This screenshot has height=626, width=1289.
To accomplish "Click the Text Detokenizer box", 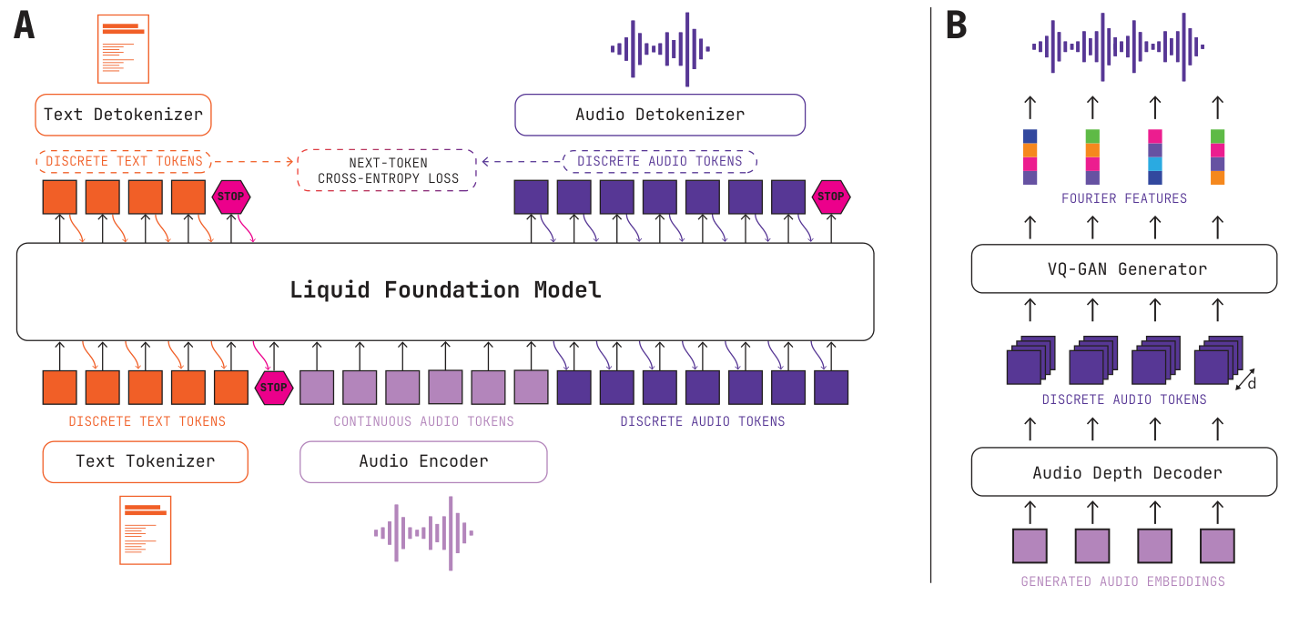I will pos(123,116).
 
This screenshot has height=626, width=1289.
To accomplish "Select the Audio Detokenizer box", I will pos(660,116).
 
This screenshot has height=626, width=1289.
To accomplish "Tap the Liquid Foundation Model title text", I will pos(445,290).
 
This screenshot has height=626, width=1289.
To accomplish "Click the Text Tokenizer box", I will pos(145,461).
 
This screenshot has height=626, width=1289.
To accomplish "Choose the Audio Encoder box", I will pos(423,461).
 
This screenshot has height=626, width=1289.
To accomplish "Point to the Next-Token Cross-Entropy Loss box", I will pos(387,170).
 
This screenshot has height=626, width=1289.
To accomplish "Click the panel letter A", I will pos(25,25).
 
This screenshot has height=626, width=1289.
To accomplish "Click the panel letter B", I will pos(956,25).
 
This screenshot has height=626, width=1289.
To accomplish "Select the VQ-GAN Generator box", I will pos(1124,269).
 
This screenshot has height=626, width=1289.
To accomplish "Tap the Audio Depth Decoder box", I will pos(1124,473).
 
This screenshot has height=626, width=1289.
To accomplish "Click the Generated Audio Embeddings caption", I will pos(1122,581).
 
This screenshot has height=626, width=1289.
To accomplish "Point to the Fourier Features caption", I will pos(1124,198).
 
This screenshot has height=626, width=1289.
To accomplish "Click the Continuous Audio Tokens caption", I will pos(423,421).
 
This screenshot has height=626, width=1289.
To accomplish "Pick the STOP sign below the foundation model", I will pos(274,388).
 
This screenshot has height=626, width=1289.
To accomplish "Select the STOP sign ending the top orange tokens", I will pos(231,197).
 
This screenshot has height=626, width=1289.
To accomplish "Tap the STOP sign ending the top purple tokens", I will pos(830,197).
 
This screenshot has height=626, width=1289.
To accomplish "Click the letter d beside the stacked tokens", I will pos(1253,384).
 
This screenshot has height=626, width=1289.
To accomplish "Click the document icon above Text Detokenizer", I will pos(123,47).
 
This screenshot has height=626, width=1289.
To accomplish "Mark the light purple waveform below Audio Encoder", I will pos(423,533).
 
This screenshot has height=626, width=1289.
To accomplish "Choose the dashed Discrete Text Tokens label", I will pos(124,162).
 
